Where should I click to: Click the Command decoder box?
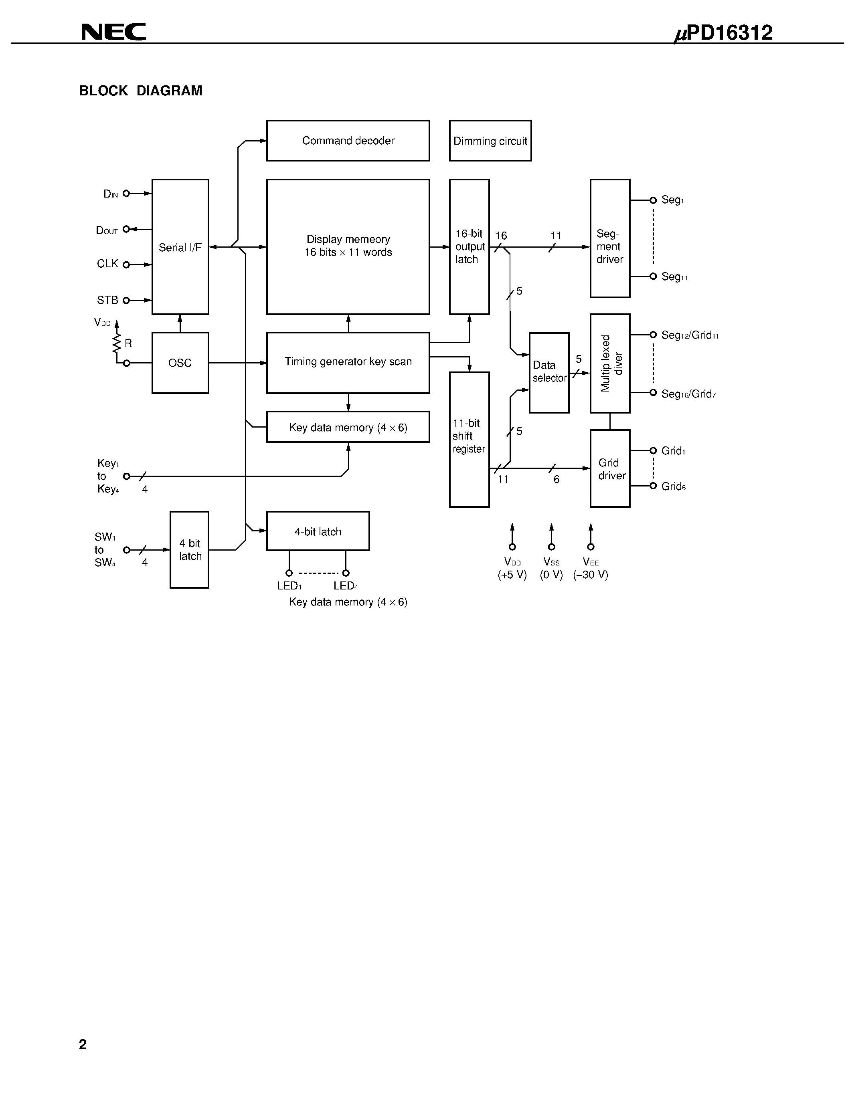click(x=348, y=141)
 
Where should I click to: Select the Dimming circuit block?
click(x=490, y=141)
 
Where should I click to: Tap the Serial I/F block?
click(x=180, y=247)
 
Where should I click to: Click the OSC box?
click(x=180, y=363)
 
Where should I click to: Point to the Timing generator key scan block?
click(x=348, y=362)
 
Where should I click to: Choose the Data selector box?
click(x=549, y=372)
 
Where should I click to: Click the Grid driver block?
click(x=610, y=468)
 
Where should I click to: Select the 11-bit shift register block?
click(x=469, y=439)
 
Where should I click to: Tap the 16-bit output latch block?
click(x=469, y=247)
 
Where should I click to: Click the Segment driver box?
click(x=610, y=238)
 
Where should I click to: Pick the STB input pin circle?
click(x=126, y=301)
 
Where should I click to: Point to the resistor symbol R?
click(x=117, y=344)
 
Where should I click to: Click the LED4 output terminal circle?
click(x=346, y=573)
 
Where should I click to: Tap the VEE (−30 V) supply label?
click(x=591, y=568)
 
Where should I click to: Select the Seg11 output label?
click(x=674, y=277)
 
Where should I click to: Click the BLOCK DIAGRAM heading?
click(x=141, y=91)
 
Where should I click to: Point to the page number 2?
click(x=83, y=1044)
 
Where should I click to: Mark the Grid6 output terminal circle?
click(x=653, y=486)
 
